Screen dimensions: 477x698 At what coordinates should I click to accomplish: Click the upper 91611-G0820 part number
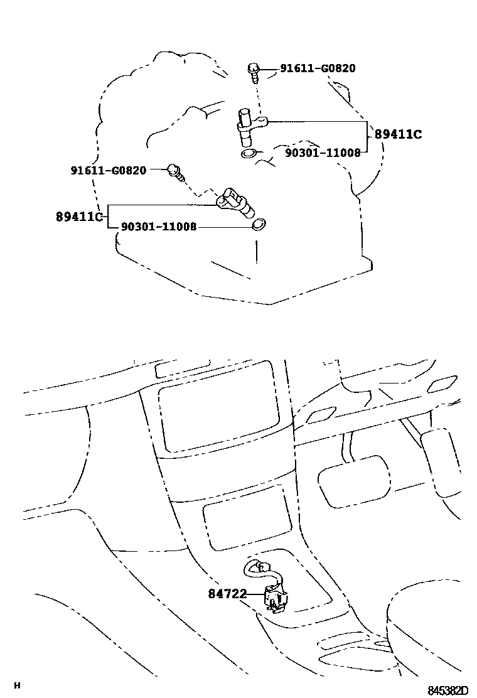click(318, 68)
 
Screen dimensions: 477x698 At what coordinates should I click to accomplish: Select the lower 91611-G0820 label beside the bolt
click(108, 170)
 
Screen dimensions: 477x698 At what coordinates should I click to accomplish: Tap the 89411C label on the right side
click(399, 134)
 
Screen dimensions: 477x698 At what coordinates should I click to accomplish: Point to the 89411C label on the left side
click(79, 217)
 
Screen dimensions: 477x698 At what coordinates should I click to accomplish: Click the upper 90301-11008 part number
click(323, 153)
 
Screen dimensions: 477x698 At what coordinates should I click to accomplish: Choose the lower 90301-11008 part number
click(158, 227)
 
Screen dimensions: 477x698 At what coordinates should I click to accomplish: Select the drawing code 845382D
click(448, 690)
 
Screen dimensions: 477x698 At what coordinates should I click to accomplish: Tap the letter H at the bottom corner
click(18, 685)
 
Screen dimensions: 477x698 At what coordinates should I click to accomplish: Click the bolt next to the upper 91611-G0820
click(254, 72)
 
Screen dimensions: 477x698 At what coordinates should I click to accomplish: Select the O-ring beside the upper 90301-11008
click(250, 153)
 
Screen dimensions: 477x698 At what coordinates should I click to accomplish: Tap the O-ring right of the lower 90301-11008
click(258, 225)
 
